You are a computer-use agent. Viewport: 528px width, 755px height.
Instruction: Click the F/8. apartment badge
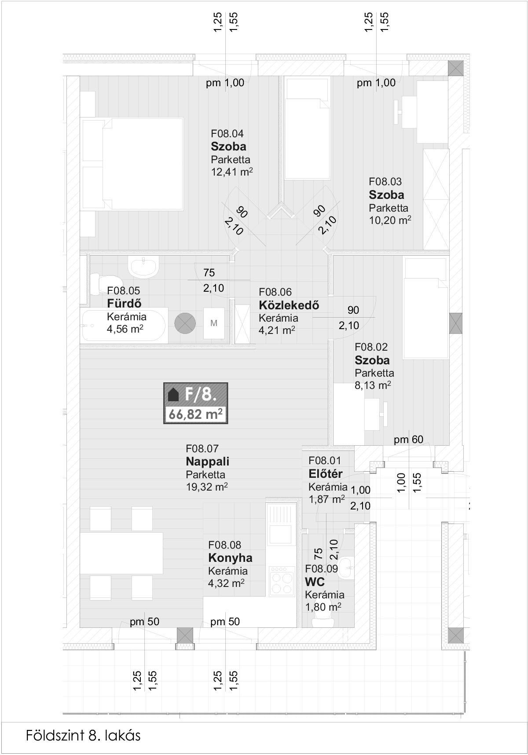tap(196, 403)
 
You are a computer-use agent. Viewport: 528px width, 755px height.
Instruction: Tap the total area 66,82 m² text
tap(195, 414)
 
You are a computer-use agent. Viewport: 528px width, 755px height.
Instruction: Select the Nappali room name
tap(208, 462)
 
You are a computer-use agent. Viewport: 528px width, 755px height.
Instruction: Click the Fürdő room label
tap(125, 304)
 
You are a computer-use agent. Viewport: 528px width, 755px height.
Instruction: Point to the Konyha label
tap(230, 558)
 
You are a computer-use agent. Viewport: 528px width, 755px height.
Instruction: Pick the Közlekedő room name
tap(289, 305)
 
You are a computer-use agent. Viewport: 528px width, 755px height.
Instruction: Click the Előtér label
tap(326, 474)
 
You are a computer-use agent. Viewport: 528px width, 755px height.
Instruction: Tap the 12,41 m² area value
tap(232, 172)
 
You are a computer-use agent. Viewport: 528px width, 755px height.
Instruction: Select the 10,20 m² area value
tap(390, 220)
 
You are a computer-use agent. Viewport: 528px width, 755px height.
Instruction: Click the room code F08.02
tap(371, 347)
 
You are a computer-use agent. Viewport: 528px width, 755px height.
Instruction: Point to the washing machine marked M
tap(214, 323)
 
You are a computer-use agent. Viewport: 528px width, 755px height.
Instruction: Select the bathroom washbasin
tap(143, 266)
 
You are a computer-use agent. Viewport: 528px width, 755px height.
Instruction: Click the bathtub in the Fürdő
tap(124, 325)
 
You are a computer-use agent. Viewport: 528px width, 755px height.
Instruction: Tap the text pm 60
tap(409, 439)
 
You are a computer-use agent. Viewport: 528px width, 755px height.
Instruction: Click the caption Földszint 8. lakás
tap(83, 736)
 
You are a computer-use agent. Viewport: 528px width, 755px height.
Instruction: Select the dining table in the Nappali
tap(121, 553)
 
